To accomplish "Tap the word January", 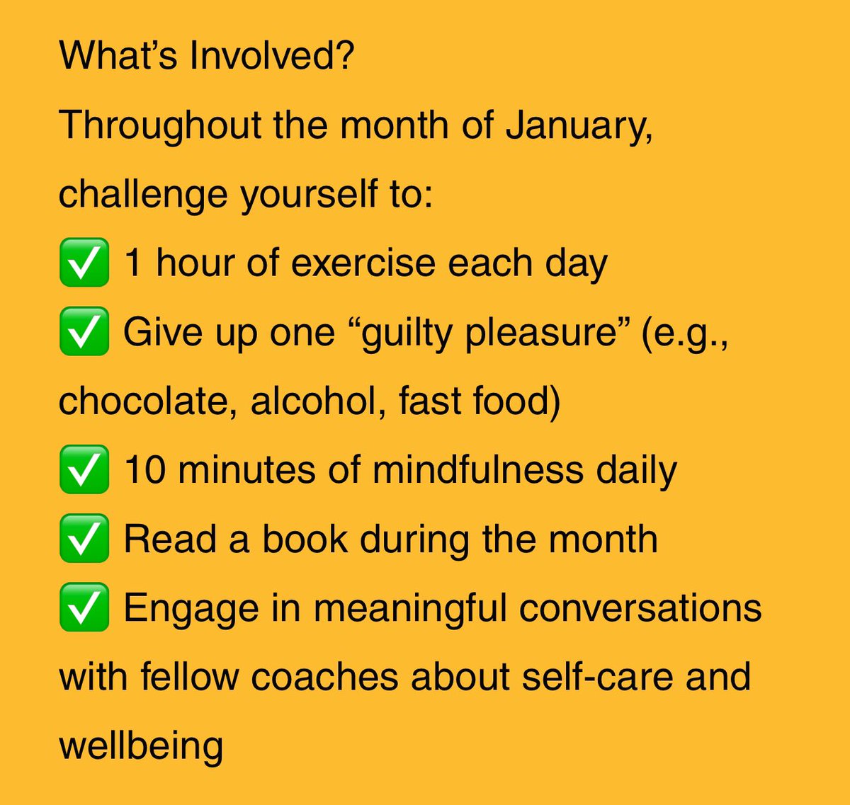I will coord(578,126).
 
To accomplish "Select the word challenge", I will coord(142,195).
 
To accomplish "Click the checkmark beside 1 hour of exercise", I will coord(84,263).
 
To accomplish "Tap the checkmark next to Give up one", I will coord(84,331).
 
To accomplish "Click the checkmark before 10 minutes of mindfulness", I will coord(84,469).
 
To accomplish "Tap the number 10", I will coord(145,470).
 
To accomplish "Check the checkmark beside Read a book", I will coord(84,539).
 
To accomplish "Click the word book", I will coord(305,539).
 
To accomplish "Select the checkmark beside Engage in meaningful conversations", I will coord(84,607).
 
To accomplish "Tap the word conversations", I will coord(640,608).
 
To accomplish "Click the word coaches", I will coord(325,677).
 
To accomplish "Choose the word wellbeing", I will coord(141,746).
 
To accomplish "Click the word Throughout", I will coord(160,126).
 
